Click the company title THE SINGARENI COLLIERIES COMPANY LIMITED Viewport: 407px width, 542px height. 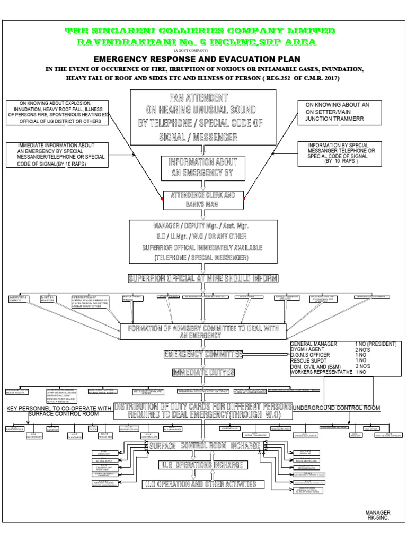pos(199,31)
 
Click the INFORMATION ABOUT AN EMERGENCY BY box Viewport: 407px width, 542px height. pos(203,167)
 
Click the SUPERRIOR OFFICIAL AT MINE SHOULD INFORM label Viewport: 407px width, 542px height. pos(203,278)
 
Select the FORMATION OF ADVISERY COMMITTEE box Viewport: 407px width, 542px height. pos(203,332)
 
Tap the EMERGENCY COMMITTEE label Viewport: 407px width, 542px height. pos(203,354)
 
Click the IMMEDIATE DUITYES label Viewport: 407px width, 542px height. pos(203,373)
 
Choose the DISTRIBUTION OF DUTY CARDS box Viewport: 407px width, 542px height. pos(203,411)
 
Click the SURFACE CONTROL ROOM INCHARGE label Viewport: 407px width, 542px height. pos(203,446)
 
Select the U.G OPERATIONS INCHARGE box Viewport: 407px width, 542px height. pos(203,465)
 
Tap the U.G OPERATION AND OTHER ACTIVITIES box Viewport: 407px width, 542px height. pos(203,484)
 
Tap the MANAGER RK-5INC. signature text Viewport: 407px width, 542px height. pos(377,516)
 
